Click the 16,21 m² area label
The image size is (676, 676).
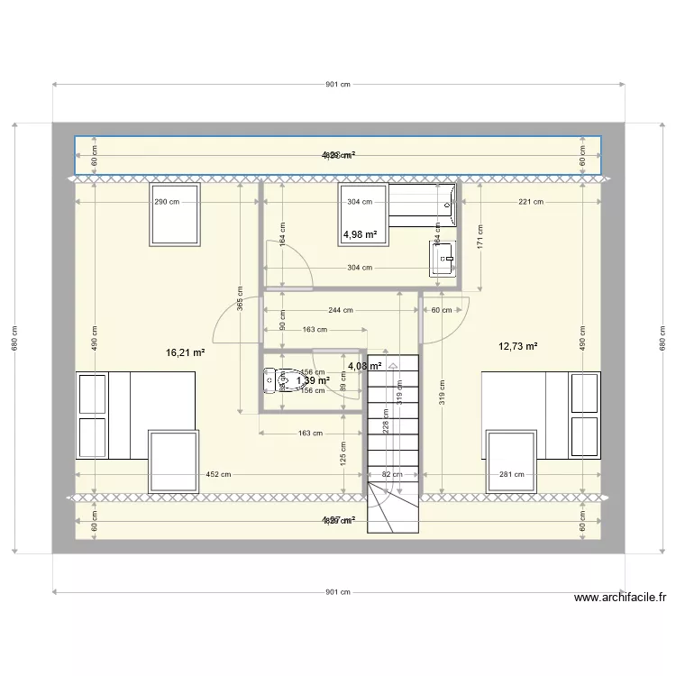tap(186, 353)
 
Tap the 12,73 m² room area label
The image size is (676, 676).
tap(517, 346)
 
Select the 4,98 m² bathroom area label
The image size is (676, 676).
tap(359, 235)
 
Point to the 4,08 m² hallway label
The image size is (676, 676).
tap(364, 367)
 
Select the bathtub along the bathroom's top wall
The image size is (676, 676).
tap(422, 204)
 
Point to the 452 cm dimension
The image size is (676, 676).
tap(218, 475)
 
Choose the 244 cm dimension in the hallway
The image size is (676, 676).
tap(341, 310)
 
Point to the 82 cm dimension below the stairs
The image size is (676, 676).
tap(394, 475)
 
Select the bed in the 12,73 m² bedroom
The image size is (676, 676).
tap(541, 415)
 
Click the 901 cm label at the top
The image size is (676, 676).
tap(337, 85)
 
